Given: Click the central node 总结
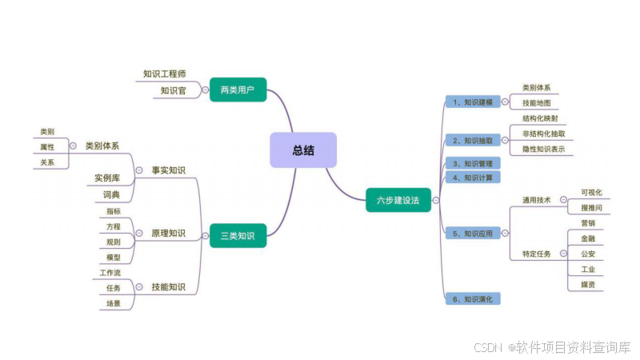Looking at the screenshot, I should tap(303, 150).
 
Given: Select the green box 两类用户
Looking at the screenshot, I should tap(238, 90).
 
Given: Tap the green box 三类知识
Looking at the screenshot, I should tap(238, 235).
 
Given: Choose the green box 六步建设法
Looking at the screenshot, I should tap(398, 200).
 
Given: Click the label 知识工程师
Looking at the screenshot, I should tap(165, 74).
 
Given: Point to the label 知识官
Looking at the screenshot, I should tap(173, 90).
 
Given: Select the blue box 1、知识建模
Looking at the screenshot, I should tap(473, 102).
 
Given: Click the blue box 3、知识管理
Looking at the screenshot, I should tap(473, 163).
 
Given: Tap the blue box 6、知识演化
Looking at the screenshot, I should tap(473, 299).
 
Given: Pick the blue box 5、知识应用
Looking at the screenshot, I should tap(473, 234).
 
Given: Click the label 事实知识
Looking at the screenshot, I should tap(168, 170).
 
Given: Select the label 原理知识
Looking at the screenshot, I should tap(168, 234).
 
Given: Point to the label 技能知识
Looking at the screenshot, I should tap(168, 286).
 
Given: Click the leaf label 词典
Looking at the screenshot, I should tap(111, 194).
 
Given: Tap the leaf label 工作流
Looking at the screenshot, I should tap(110, 274).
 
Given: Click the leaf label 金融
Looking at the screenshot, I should tap(587, 238).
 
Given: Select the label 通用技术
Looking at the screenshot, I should tap(537, 201).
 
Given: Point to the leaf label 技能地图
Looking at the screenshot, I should tap(536, 103).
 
